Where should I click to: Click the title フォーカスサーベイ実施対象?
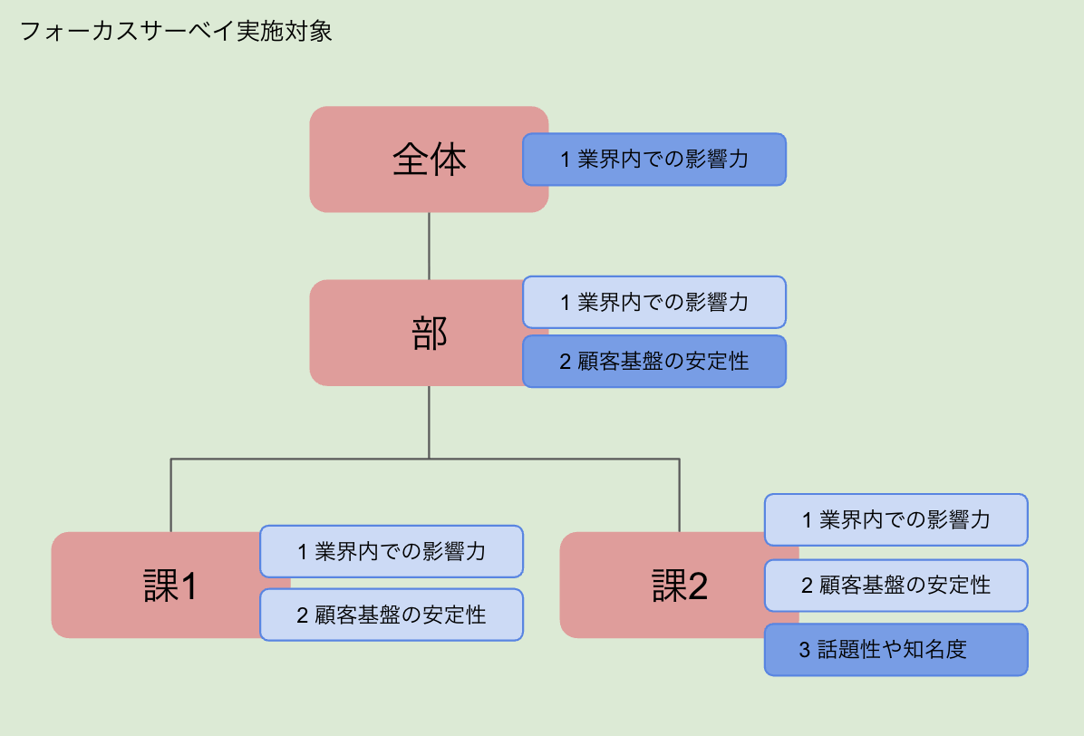coord(176,32)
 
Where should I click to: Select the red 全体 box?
coord(429,160)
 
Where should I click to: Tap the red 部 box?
coord(429,334)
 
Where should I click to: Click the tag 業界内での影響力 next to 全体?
coord(653,160)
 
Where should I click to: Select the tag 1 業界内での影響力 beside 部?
coord(653,302)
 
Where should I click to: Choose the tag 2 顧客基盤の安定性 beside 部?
coord(653,362)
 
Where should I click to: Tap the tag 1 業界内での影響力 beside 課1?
coord(391,551)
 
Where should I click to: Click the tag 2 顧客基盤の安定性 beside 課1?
coord(391,615)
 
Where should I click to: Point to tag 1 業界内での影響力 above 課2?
coord(895,519)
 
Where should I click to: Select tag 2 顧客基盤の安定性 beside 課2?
coord(895,585)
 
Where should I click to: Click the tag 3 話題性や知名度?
coord(895,649)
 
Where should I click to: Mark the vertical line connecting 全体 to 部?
coord(429,246)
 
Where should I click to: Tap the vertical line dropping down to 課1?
coord(171,495)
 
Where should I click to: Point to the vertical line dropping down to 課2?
coord(680,495)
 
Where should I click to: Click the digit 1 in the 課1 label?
coord(189,587)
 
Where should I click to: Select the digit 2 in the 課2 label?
coord(696,587)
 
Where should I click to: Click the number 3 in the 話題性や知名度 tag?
coord(804,650)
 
